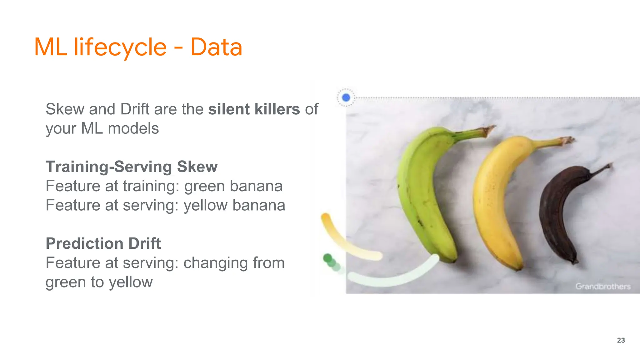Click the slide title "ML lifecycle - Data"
coord(138,47)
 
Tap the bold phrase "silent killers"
coord(254,109)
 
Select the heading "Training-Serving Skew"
coord(132,167)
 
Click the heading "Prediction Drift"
coord(103,243)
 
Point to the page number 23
coord(621,340)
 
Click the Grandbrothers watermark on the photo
coord(603,286)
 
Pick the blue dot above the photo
coord(346,97)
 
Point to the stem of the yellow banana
coord(556,142)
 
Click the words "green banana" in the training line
coord(233,186)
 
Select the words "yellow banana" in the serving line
coord(234,205)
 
